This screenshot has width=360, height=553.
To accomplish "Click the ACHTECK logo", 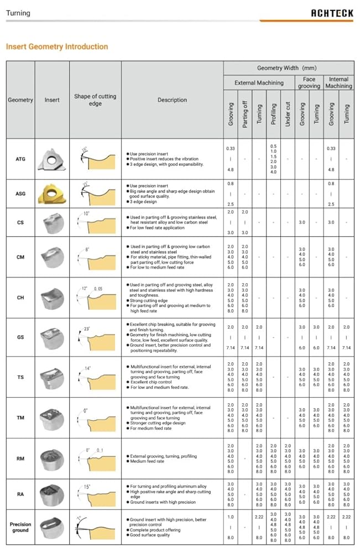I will coord(332,13).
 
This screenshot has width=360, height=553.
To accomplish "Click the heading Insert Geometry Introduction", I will coord(57,46).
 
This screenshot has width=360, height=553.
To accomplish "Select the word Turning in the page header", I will coord(18,13).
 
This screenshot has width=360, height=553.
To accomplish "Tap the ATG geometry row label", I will coord(20,159).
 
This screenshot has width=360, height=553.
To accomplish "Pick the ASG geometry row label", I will coord(20,195).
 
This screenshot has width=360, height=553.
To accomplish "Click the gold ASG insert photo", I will coord(52,194).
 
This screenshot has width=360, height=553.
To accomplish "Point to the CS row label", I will coord(20,222).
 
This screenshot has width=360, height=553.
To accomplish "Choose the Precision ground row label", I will coord(20,527).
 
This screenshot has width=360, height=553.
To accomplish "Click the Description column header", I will coord(172,100).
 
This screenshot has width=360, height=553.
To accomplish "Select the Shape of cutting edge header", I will coord(95,100).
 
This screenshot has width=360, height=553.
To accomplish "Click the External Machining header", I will coord(259,83).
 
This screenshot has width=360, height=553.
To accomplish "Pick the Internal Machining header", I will coord(338,83).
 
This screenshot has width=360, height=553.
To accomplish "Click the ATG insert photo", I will coord(52,159).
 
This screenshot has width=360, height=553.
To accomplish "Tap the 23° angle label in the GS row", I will coord(87,330).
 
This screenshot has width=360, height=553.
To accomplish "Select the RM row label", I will coord(20,458).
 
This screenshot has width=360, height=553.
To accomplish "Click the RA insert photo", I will coord(52,494).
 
